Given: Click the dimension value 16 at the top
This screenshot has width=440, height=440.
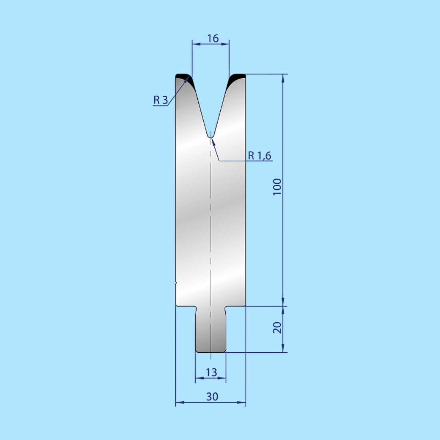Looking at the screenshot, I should pyautogui.click(x=213, y=38).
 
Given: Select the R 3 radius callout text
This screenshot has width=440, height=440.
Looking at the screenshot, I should pyautogui.click(x=160, y=100).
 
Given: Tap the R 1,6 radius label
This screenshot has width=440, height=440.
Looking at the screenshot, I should pyautogui.click(x=259, y=156).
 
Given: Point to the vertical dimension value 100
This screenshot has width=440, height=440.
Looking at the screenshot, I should pyautogui.click(x=277, y=187).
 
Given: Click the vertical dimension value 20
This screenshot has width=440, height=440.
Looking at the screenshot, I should pyautogui.click(x=277, y=327).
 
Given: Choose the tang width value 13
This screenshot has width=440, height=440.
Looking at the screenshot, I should pyautogui.click(x=211, y=372).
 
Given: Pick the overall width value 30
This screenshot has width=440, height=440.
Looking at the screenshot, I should pyautogui.click(x=212, y=396).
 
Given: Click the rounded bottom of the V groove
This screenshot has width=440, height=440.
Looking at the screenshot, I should pyautogui.click(x=210, y=136).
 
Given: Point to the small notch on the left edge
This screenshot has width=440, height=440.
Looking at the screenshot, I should pyautogui.click(x=176, y=284).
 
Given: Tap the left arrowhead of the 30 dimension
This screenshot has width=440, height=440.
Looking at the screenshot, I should pyautogui.click(x=179, y=402).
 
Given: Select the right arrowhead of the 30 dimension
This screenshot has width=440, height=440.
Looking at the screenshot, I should pyautogui.click(x=242, y=402).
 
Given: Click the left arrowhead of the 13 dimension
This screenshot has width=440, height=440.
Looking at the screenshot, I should pyautogui.click(x=198, y=378).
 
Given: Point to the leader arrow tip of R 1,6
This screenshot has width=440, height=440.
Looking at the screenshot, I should pyautogui.click(x=212, y=139).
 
